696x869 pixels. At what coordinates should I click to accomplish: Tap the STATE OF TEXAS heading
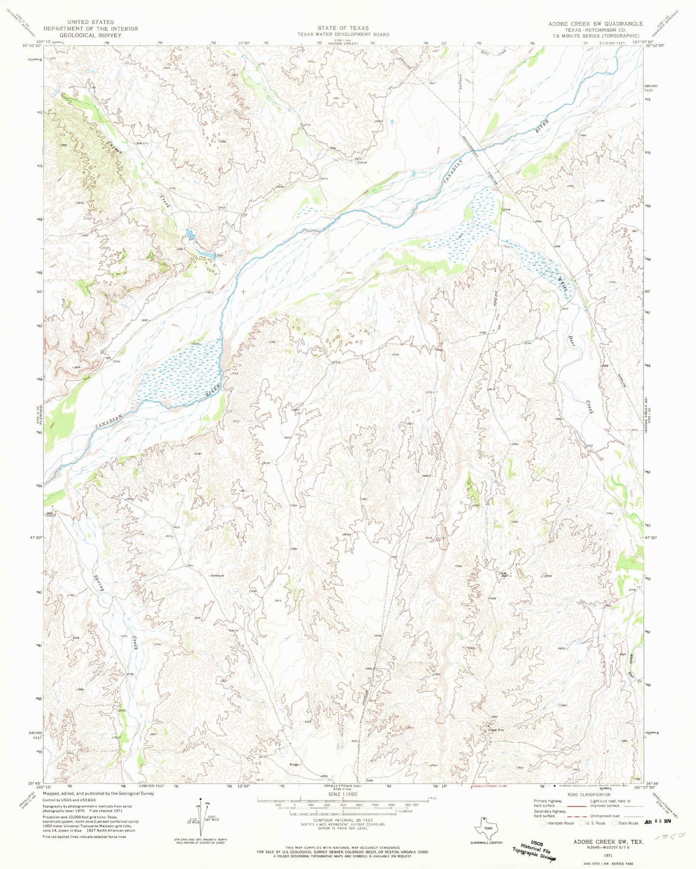[x=342, y=28]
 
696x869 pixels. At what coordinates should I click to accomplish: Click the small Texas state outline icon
[x=485, y=828]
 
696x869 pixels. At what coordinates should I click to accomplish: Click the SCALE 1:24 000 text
[x=343, y=794]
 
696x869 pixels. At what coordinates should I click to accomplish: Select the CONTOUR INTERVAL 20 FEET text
[x=342, y=819]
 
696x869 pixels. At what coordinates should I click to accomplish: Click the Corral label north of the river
[x=362, y=163]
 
